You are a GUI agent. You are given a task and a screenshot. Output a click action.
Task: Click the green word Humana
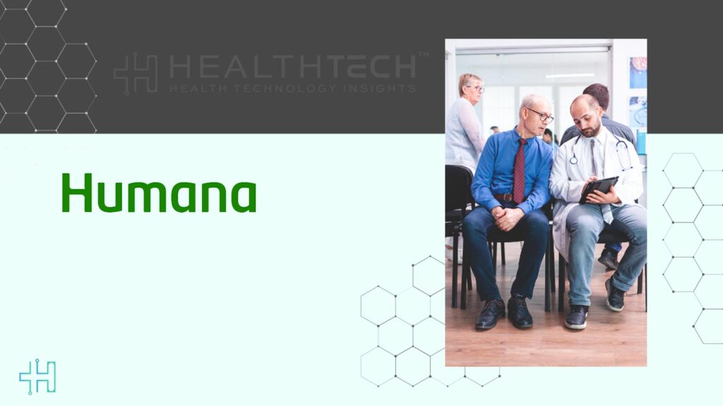(158, 193)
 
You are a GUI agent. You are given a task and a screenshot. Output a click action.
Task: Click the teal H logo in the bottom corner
(37, 376)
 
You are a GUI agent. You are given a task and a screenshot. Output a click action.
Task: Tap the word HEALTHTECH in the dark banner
(293, 67)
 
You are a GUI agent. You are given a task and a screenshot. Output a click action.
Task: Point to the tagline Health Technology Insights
(292, 89)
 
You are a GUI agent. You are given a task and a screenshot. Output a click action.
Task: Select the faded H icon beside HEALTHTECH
(136, 73)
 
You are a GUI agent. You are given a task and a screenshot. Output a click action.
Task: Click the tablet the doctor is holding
(598, 188)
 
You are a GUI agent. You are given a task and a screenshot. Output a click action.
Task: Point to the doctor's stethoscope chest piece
(573, 160)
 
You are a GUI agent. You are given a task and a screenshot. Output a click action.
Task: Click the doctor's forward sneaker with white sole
(577, 316)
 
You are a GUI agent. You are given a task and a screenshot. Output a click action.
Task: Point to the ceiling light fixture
(569, 75)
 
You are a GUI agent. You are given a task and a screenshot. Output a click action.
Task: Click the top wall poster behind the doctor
(638, 72)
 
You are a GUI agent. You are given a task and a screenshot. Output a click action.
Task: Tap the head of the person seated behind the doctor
(597, 95)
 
